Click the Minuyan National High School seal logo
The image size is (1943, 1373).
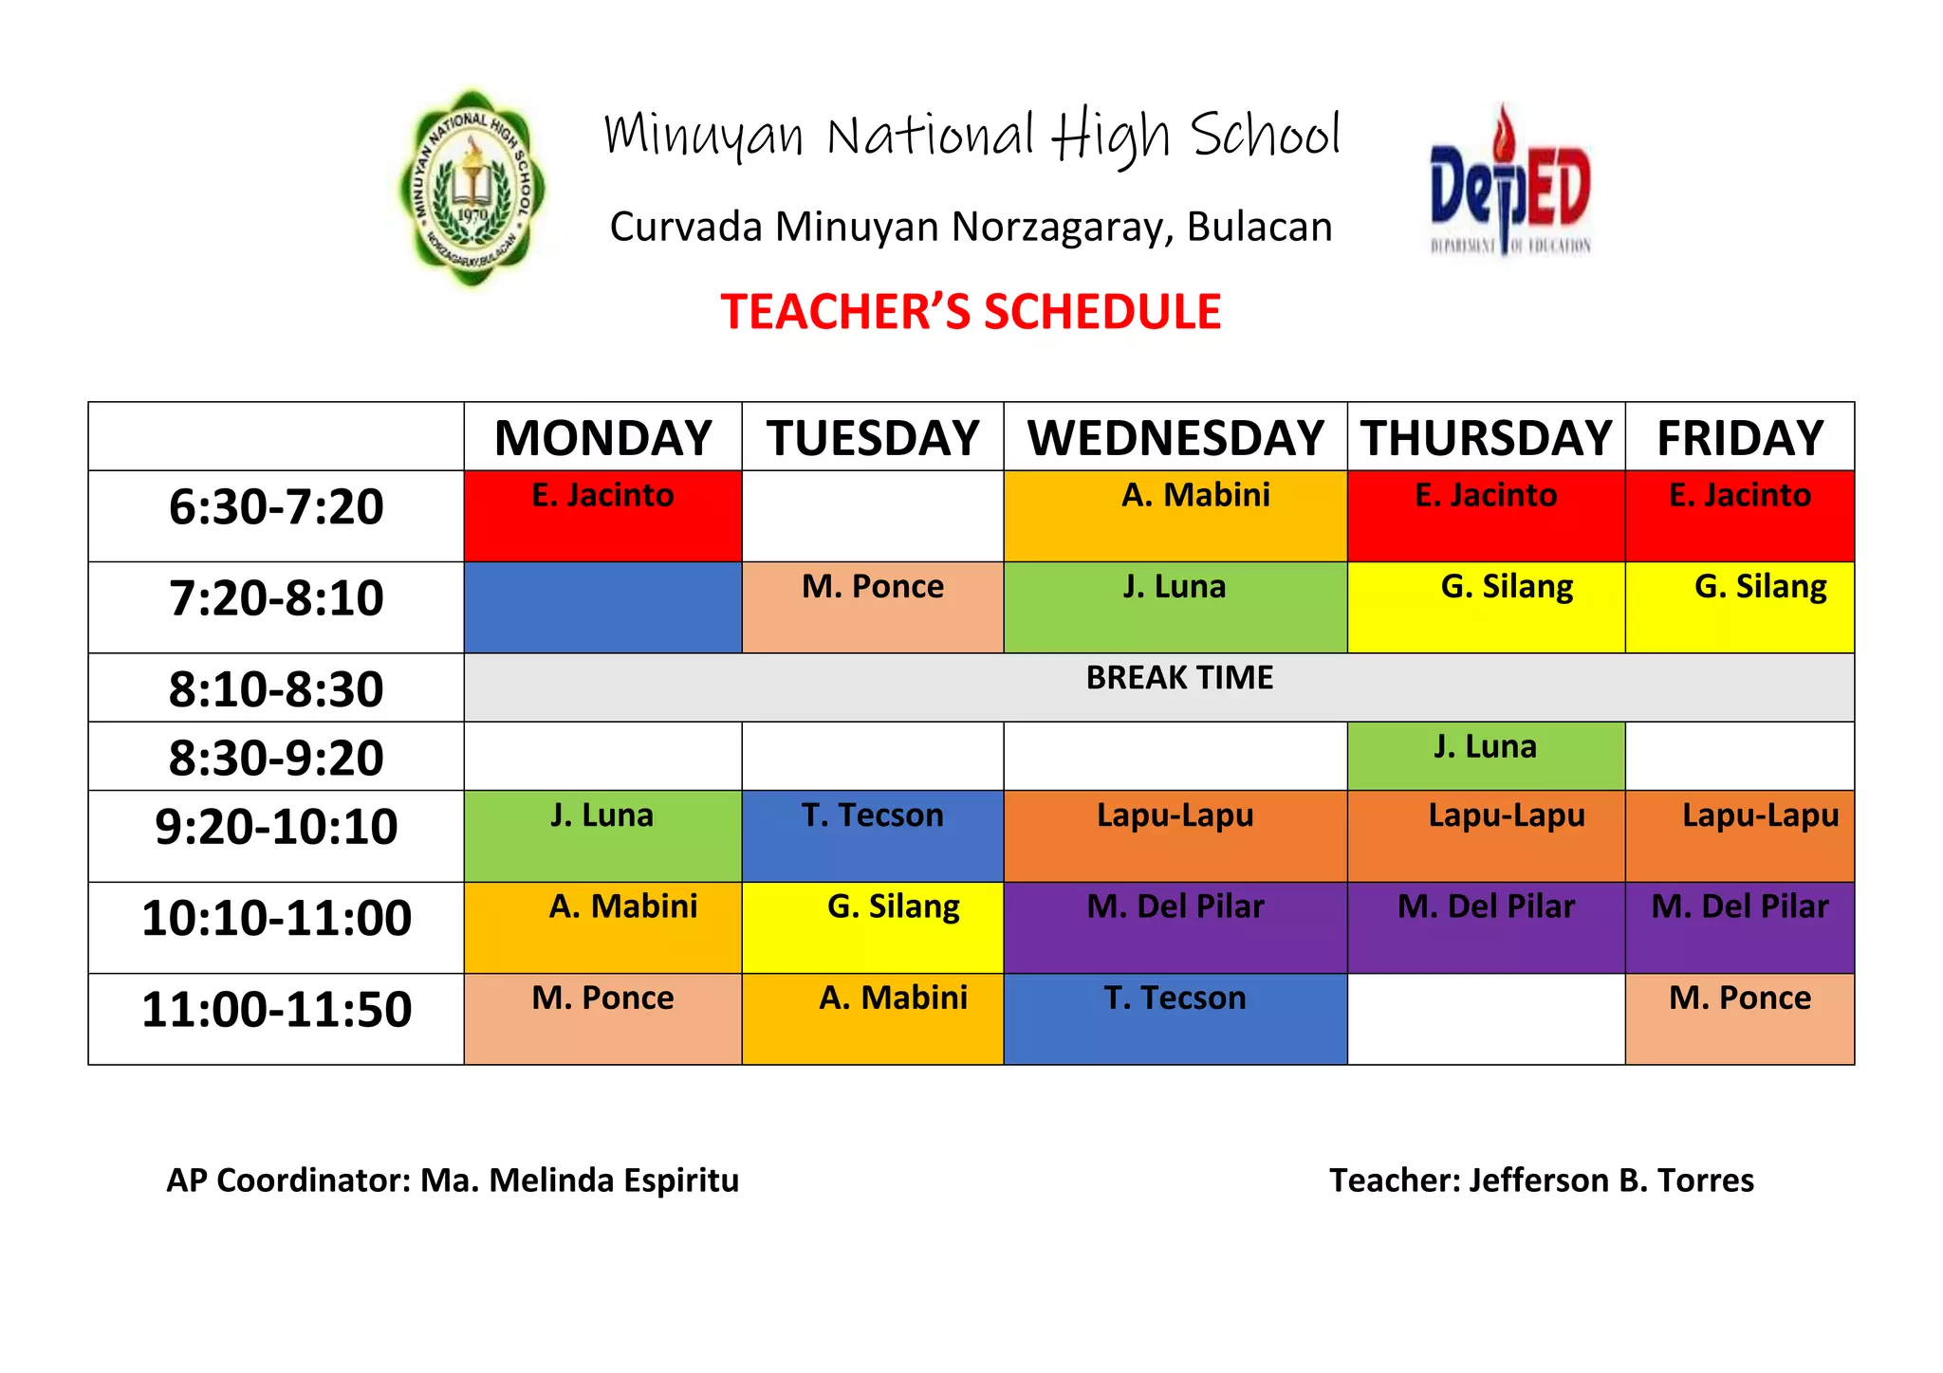[472, 189]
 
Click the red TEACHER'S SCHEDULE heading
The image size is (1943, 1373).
[971, 312]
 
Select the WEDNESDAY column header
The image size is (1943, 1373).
[1175, 437]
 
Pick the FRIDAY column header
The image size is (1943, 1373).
[1740, 437]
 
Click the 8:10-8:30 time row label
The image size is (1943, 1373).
[276, 688]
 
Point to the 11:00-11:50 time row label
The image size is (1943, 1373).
[276, 1009]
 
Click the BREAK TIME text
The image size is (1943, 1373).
[1179, 678]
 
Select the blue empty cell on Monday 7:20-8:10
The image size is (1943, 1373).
[602, 608]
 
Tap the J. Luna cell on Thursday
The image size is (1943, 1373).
[1486, 756]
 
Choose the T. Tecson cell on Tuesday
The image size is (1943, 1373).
[873, 835]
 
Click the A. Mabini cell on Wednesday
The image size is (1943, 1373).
[1175, 516]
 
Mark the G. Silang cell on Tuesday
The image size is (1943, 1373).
[873, 927]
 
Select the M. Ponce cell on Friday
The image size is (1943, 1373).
[1740, 1018]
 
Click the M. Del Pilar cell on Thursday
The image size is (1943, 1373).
[1486, 927]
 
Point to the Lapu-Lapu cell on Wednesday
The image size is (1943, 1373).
[1175, 835]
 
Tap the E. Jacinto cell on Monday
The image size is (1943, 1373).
[602, 516]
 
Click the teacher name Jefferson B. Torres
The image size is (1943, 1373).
[1611, 1181]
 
